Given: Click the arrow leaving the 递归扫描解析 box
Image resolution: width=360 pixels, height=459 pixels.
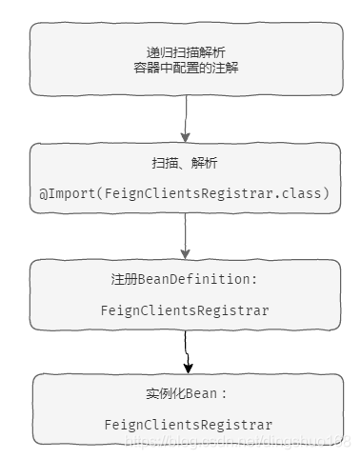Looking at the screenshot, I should click(x=186, y=118).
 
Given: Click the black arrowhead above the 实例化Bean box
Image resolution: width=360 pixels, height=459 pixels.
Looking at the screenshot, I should click(x=189, y=366).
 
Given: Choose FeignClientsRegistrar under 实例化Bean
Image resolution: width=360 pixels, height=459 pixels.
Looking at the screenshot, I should click(x=188, y=425).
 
